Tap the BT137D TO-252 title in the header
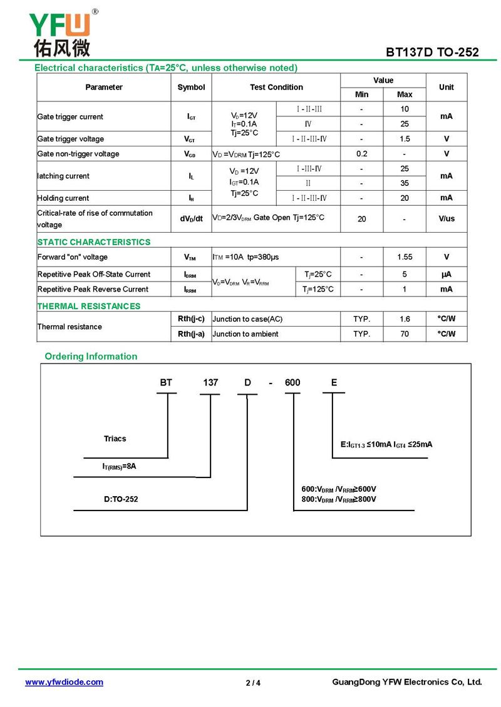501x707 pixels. coord(432,52)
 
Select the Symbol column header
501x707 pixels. coord(191,88)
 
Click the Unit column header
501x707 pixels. coord(447,88)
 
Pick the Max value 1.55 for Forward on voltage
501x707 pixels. coord(405,257)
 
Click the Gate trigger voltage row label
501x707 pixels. coord(71,139)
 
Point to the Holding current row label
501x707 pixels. coord(63,198)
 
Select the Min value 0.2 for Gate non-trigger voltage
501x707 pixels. coord(361,154)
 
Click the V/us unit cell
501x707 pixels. coord(447,219)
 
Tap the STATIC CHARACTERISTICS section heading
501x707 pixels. coord(94,242)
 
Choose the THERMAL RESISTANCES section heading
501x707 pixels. coord(89,306)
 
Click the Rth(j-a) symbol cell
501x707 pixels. coord(191,334)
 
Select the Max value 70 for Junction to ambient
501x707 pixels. coord(405,334)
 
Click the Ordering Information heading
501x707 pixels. coord(91,357)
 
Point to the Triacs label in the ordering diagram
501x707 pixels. coord(115,439)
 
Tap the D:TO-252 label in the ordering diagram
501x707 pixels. coord(121,499)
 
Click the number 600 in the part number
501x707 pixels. coord(292,383)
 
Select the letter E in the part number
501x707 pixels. coord(334,382)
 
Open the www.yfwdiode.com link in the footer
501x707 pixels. coord(64,683)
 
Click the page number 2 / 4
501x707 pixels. coord(253,683)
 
